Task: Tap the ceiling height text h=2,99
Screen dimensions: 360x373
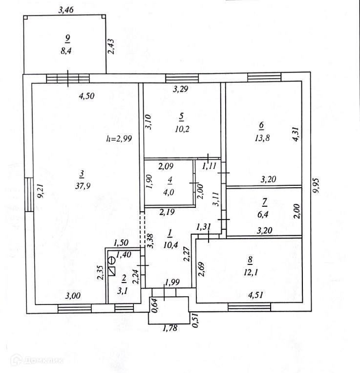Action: pos(119,138)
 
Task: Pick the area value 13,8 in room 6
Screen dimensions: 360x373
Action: pos(262,138)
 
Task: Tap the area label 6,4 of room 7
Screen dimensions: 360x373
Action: pos(264,213)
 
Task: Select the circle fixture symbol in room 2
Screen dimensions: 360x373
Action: pos(111,260)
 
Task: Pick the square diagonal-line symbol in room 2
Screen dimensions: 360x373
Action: pos(112,270)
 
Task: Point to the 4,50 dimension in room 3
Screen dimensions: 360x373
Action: pos(86,96)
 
